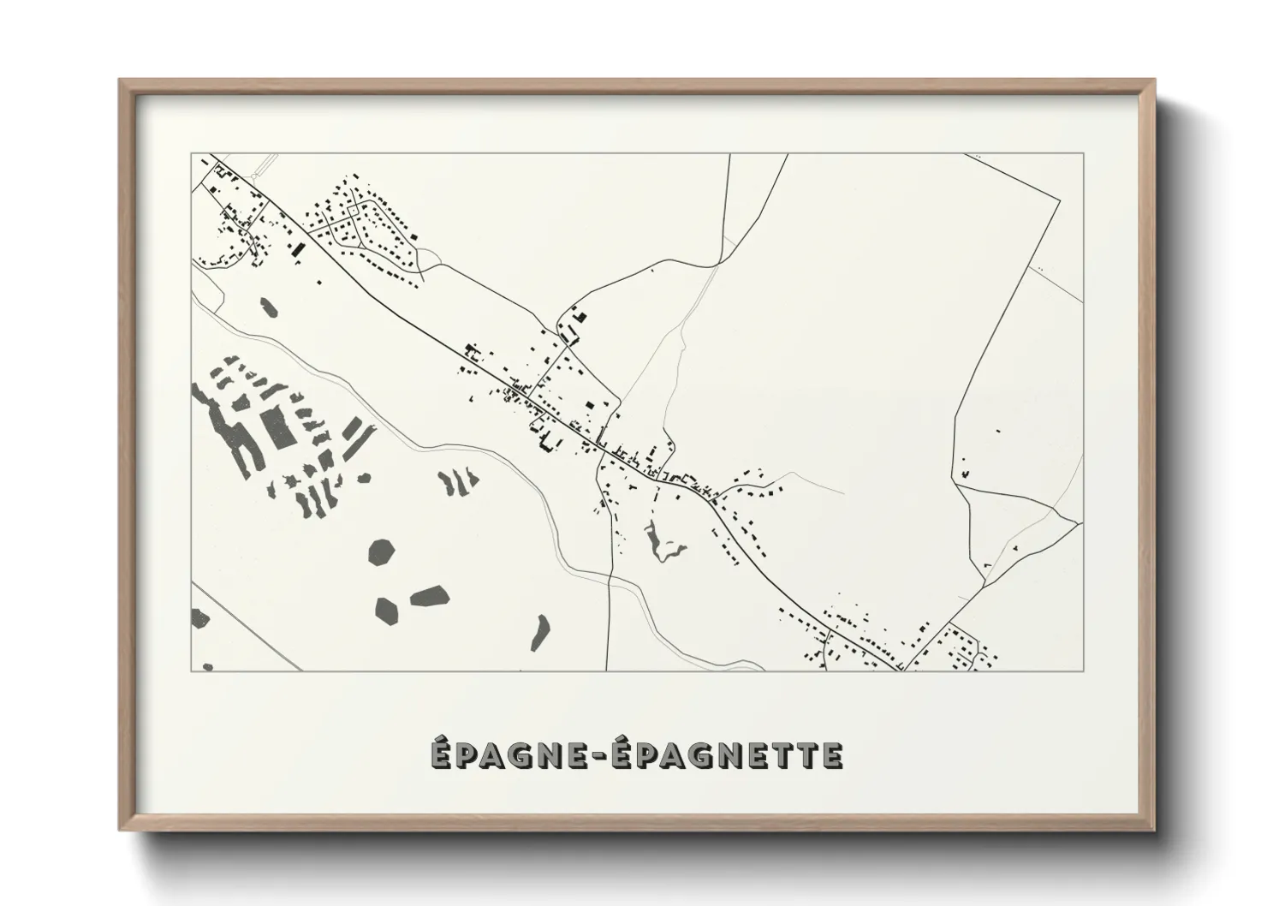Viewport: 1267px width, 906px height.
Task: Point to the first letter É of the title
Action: (x=439, y=754)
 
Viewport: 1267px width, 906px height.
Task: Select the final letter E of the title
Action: (x=833, y=755)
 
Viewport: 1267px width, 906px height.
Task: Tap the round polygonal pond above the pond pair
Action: (x=383, y=552)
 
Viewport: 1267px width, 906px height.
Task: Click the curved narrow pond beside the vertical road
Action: (x=540, y=632)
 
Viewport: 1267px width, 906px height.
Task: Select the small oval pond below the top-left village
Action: (x=269, y=306)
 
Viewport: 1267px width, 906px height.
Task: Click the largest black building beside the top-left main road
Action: (x=299, y=251)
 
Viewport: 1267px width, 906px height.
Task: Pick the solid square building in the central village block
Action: (x=588, y=407)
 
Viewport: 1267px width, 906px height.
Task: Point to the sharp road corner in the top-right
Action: (x=1061, y=198)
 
